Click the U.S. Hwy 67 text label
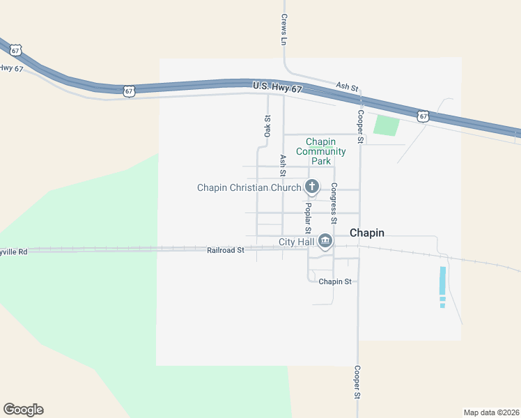tap(277, 86)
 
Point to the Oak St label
tap(267, 125)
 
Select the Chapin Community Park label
tap(320, 151)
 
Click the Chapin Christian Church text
tap(249, 187)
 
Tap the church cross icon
tap(311, 187)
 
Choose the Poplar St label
tap(308, 218)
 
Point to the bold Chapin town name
tap(367, 233)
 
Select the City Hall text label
tap(296, 242)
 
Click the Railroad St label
tap(225, 249)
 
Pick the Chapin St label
tap(335, 281)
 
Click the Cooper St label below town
tap(357, 383)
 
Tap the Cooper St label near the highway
tap(360, 127)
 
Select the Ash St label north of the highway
tap(346, 87)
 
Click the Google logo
tap(23, 410)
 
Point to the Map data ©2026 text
tap(492, 412)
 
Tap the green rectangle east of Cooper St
tap(387, 126)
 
